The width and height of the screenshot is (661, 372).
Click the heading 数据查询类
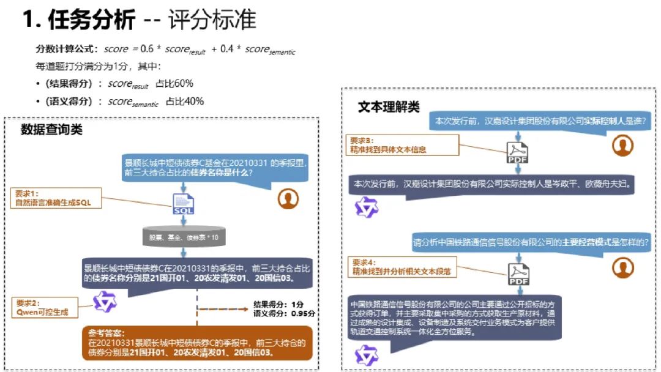[51, 129]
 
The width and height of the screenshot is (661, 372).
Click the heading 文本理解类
[389, 108]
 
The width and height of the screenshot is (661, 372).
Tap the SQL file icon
[184, 203]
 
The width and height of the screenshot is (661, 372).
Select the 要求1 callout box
[56, 198]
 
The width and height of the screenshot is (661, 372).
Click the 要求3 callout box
[403, 144]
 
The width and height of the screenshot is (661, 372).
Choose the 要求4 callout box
[403, 266]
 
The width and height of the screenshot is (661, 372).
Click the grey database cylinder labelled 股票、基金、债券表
[184, 236]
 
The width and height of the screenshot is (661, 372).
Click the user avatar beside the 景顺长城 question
[288, 198]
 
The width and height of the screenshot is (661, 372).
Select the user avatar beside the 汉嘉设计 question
[622, 145]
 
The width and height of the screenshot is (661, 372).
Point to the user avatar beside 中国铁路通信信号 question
[622, 267]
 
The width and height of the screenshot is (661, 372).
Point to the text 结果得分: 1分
[278, 304]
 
